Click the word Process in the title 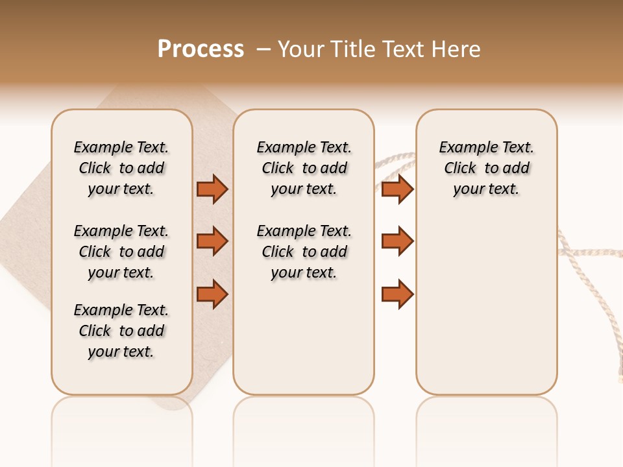[x=201, y=49]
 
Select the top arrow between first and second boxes [x=212, y=189]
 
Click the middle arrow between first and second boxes [x=212, y=241]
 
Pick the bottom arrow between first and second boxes [x=212, y=294]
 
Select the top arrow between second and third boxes [x=397, y=189]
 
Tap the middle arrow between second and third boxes [x=397, y=241]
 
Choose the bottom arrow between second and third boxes [x=397, y=294]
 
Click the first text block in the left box [x=121, y=168]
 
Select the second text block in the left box [x=121, y=252]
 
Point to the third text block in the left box [x=121, y=331]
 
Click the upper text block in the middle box [x=304, y=168]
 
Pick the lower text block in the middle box [x=304, y=252]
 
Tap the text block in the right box [x=486, y=168]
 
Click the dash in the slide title [x=263, y=49]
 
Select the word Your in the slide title [x=301, y=49]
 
